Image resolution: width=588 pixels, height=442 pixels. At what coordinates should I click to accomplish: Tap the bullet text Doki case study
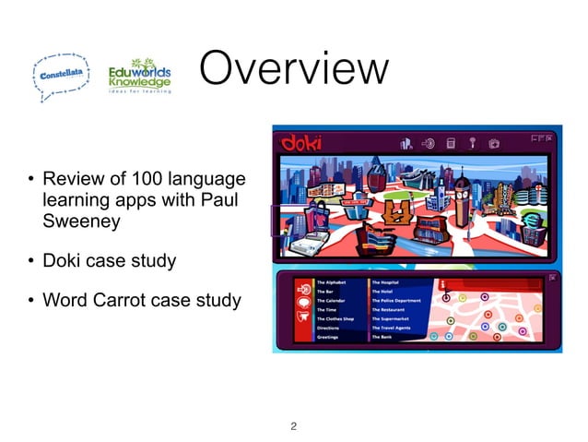pos(110,261)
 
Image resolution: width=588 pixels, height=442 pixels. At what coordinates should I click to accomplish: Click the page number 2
pos(293,426)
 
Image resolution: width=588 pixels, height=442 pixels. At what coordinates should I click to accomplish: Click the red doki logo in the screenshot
pos(301,142)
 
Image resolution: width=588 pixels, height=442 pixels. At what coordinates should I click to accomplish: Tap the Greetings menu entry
pos(328,338)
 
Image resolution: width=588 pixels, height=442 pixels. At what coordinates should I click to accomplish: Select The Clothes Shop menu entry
pos(335,319)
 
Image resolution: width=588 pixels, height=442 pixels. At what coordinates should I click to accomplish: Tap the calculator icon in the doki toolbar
pos(451,143)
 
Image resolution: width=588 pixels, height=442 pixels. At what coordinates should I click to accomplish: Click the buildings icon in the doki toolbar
pos(406,143)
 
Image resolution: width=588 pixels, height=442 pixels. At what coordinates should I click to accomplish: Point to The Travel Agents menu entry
pos(396,329)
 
